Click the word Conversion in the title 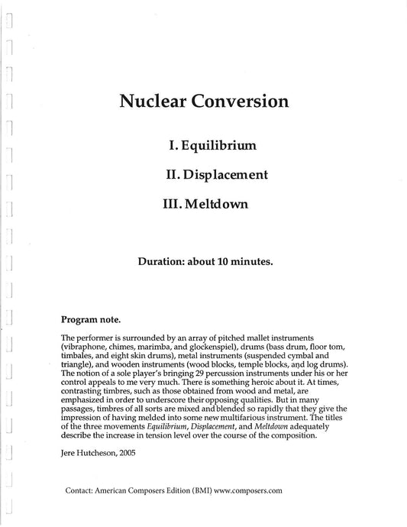pos(238,102)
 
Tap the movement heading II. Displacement pos(216,174)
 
